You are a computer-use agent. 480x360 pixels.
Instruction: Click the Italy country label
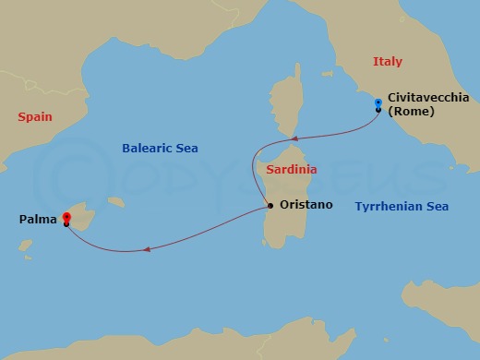[x=388, y=61]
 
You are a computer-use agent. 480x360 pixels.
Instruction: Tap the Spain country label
[x=34, y=117]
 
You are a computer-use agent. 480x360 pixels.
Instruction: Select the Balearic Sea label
[x=161, y=148]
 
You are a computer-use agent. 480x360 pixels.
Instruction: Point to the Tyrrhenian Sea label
[x=402, y=207]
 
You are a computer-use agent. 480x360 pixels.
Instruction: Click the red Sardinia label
[x=291, y=170]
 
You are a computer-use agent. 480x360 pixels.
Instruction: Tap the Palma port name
[x=36, y=220]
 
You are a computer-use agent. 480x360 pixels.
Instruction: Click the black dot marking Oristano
[x=270, y=205]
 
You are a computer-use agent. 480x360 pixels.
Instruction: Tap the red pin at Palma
[x=66, y=218]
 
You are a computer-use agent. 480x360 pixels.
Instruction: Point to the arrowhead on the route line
[x=145, y=248]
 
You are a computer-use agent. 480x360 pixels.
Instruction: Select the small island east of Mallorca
[x=116, y=201]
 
